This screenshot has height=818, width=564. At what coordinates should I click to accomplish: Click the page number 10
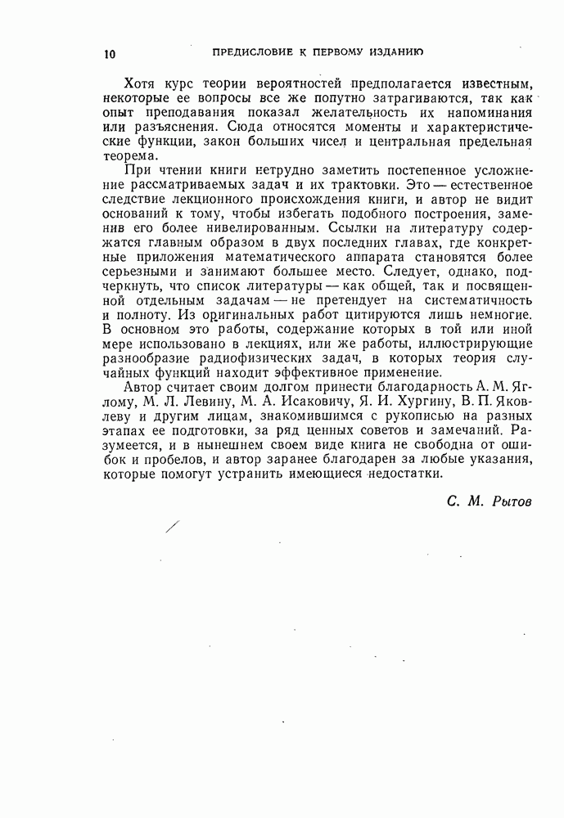(111, 55)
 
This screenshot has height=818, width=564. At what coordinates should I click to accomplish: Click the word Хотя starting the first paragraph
(140, 85)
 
